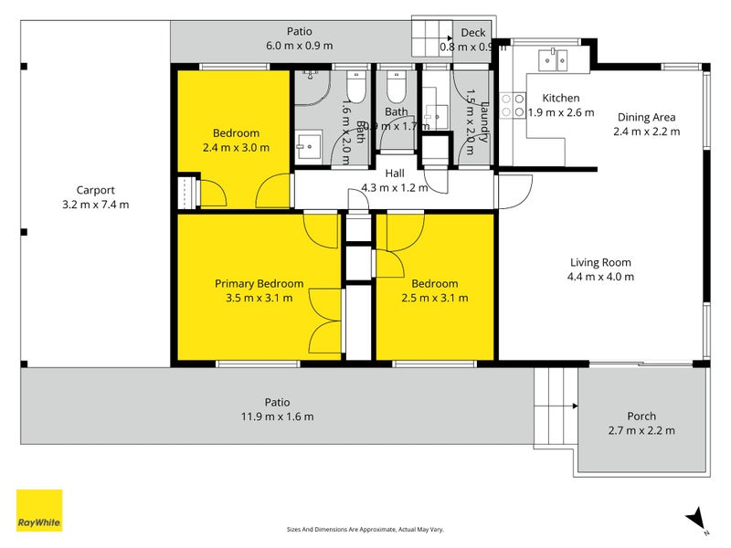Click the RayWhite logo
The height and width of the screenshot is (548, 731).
(x=39, y=511)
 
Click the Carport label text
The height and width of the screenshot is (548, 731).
(x=95, y=190)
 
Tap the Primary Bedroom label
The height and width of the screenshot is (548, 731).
(x=259, y=283)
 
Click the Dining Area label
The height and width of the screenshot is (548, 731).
(x=646, y=117)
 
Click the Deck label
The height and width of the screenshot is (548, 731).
(x=472, y=33)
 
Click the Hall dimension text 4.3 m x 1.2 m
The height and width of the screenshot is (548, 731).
(x=395, y=187)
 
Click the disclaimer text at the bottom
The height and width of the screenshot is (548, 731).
(x=365, y=529)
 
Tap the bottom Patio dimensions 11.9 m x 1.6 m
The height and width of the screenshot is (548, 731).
(x=277, y=416)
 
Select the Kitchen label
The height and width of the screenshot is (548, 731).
(x=560, y=99)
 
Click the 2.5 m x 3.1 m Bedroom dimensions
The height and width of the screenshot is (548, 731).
(x=434, y=298)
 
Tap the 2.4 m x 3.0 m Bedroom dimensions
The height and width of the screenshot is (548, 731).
(x=236, y=147)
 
